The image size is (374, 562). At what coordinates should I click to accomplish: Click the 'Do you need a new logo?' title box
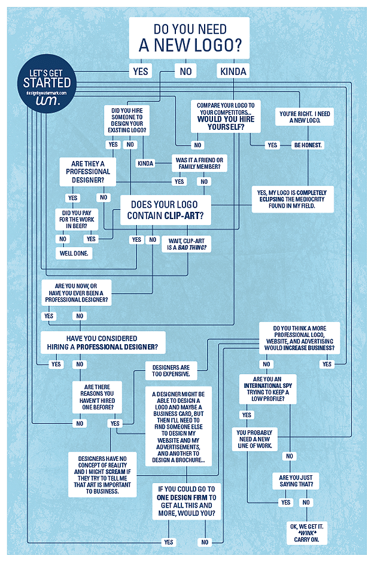coord(189,37)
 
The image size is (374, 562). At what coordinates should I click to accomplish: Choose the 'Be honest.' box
coord(308,145)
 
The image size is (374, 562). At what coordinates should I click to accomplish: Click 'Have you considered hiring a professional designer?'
coord(102,342)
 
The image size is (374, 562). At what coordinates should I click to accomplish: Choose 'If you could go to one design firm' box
coord(186,502)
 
